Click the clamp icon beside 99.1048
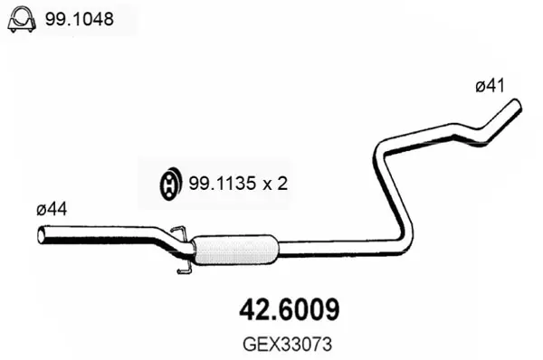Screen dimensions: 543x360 (22, 19)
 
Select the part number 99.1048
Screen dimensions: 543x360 (80, 19)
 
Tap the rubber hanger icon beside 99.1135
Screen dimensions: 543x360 (170, 184)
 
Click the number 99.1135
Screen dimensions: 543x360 (223, 183)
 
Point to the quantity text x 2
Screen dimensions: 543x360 (275, 184)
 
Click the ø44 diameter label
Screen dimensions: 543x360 (52, 209)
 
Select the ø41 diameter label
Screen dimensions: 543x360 (490, 86)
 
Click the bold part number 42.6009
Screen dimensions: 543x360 (290, 309)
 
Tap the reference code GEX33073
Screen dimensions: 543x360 (288, 345)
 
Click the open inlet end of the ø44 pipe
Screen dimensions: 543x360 (42, 235)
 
